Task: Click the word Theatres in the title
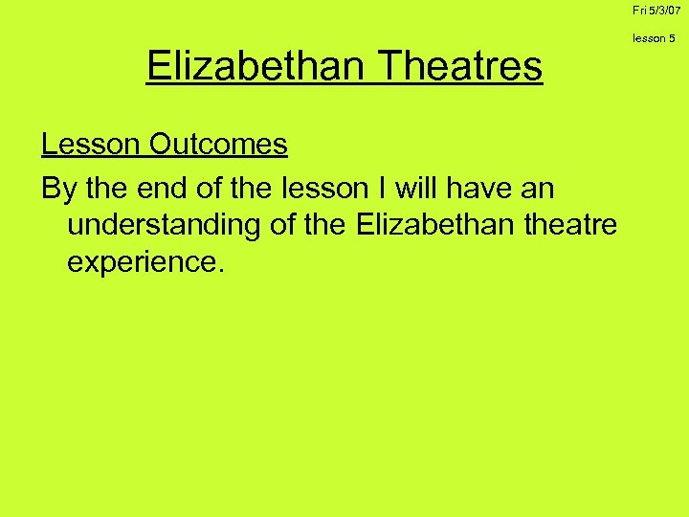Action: tap(461, 67)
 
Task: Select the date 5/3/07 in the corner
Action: tap(668, 10)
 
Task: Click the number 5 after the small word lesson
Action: tap(673, 38)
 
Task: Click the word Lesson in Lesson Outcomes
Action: tap(92, 145)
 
